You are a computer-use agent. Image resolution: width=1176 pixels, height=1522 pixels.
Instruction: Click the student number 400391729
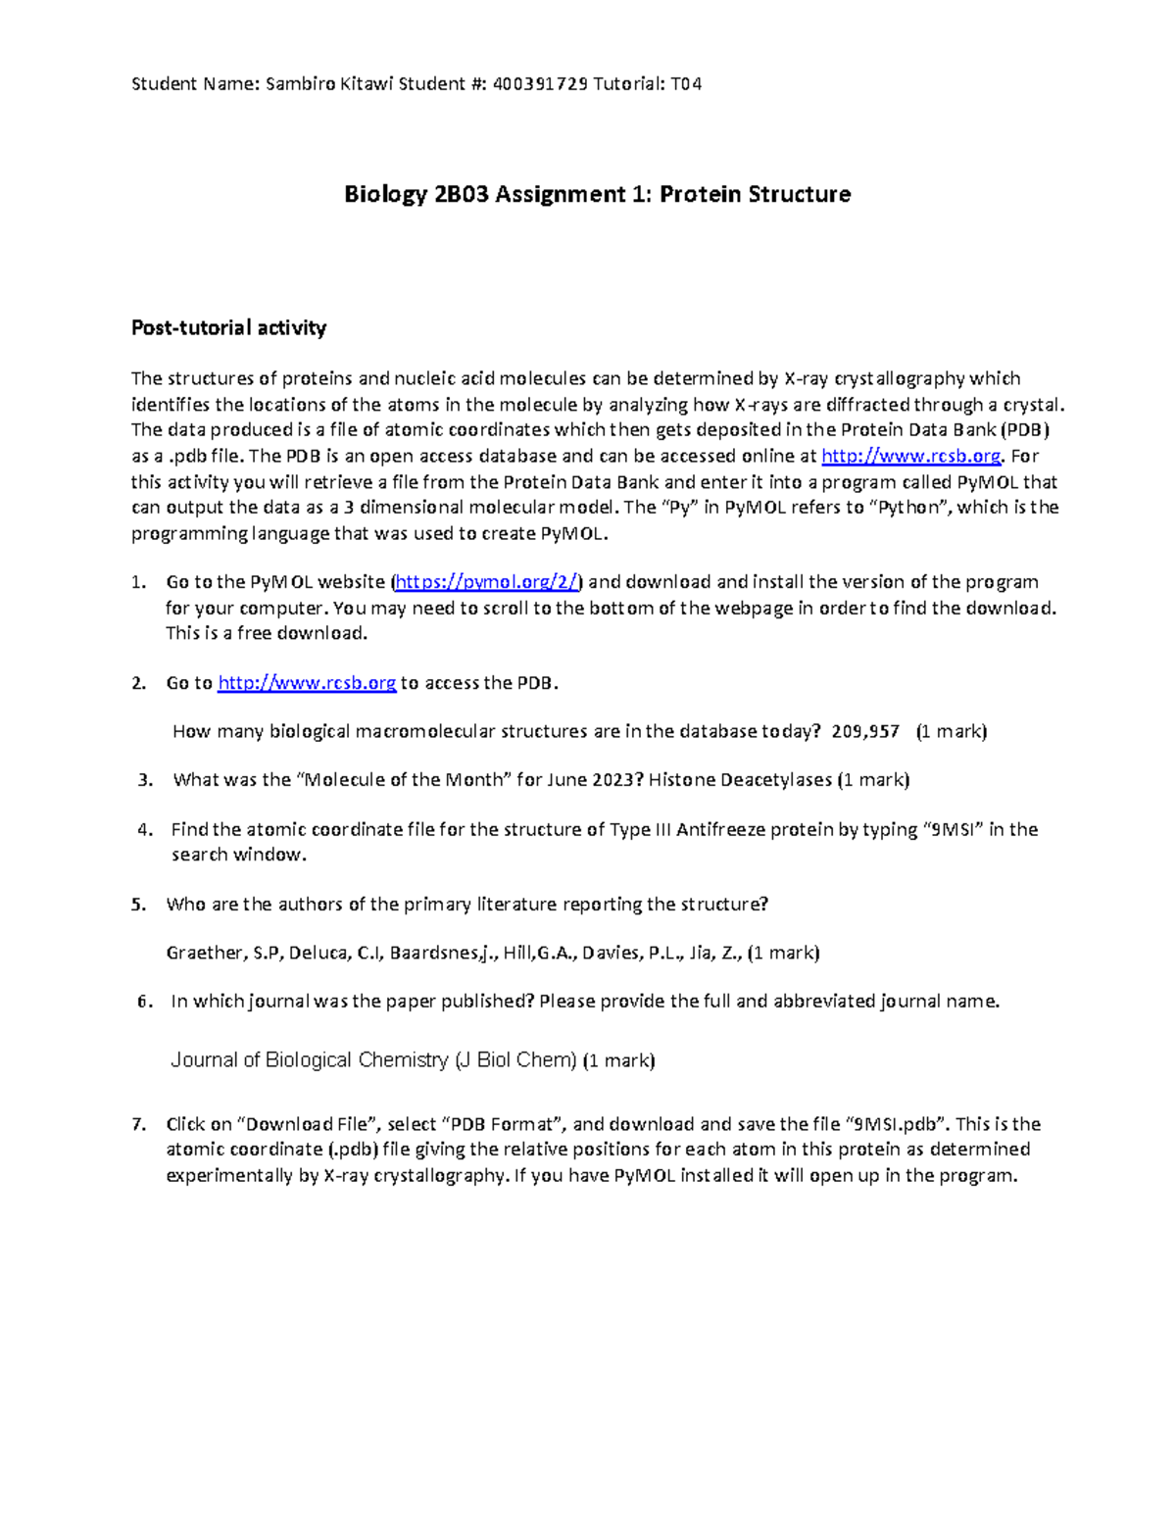[x=541, y=84]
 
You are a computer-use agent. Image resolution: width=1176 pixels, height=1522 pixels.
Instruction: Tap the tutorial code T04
[x=686, y=84]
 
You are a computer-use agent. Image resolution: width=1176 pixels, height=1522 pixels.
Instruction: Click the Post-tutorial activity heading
[x=228, y=328]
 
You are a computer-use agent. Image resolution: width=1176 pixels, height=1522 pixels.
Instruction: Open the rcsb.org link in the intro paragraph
[x=910, y=457]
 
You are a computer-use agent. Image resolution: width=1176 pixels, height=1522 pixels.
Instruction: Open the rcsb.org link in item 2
[x=307, y=683]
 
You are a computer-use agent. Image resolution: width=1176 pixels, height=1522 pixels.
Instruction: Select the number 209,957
[x=865, y=732]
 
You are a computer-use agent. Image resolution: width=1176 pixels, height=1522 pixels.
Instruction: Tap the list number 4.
[x=145, y=830]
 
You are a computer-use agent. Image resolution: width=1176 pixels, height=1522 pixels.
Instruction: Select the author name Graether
[x=204, y=953]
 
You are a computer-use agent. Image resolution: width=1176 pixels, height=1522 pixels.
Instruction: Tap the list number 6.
[x=145, y=1002]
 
